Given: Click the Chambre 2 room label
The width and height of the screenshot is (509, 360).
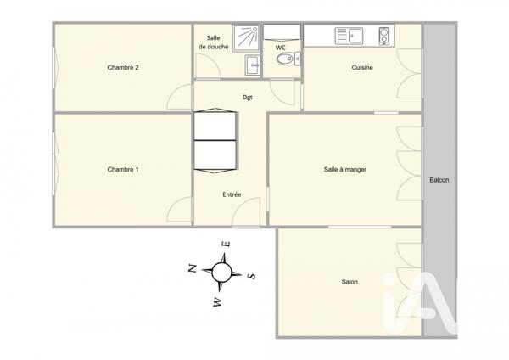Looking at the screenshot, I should tap(123, 68).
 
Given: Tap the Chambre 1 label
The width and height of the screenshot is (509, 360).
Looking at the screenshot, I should tap(123, 170).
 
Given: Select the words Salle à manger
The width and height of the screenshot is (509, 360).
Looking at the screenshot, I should tap(344, 169).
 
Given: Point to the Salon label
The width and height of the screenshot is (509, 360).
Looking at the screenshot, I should tap(350, 282).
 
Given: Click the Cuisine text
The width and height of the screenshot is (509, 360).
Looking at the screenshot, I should tap(362, 68).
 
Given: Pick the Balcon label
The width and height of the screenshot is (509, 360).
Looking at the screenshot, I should tap(439, 180).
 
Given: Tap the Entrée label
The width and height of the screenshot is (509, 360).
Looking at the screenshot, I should tap(232, 194).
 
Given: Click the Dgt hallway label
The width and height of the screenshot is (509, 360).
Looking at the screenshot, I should tap(247, 98).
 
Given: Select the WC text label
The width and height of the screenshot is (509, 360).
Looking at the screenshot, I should tap(281, 48).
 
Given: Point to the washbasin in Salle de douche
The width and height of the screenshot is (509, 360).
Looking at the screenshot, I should tap(252, 65).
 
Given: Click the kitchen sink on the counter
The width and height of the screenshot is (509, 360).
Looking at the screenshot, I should tap(349, 36).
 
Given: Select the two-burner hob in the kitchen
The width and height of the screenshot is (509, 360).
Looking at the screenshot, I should tap(383, 36).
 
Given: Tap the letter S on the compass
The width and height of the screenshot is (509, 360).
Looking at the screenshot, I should tap(251, 276).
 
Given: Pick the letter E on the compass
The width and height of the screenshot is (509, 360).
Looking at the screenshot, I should tap(226, 245).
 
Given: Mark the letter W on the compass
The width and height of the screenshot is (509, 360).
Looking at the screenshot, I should tap(217, 301).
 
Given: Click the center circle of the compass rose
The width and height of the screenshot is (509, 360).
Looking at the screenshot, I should tap(222, 273).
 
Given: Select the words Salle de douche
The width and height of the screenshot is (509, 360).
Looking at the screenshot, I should tap(213, 42).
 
